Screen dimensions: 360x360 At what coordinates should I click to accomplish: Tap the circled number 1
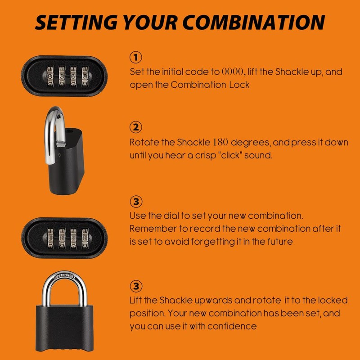pos(136,57)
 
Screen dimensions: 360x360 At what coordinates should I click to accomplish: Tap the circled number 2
pos(136,127)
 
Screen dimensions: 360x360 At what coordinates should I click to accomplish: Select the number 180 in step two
pos(220,142)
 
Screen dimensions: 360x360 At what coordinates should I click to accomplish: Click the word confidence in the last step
pos(234,326)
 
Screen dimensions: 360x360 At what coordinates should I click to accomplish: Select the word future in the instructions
pos(280,242)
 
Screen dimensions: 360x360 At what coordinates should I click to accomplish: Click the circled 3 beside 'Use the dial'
pos(136,201)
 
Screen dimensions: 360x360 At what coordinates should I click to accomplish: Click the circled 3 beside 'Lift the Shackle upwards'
pos(136,286)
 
